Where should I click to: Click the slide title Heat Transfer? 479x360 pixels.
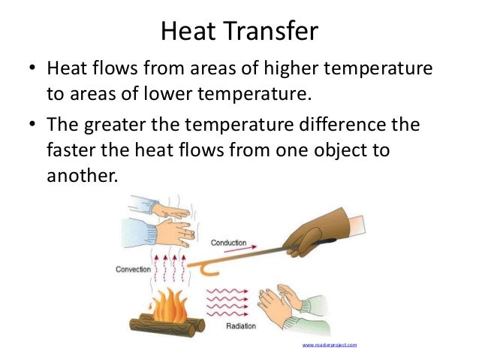[239, 31]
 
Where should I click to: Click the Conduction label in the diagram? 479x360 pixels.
[228, 243]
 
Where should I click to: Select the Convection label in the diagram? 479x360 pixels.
[134, 268]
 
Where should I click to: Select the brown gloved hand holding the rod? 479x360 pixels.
[319, 226]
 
